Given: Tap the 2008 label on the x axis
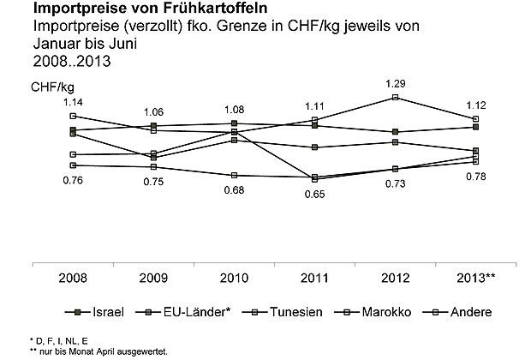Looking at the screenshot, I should click(x=73, y=279).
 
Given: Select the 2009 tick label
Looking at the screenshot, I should click(x=154, y=279).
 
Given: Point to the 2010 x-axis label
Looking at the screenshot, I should click(x=235, y=279).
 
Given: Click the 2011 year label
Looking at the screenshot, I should click(x=315, y=279).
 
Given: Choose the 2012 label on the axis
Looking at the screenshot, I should click(x=396, y=279).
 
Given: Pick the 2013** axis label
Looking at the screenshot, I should click(x=476, y=279).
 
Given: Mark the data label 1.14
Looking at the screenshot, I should click(x=73, y=102).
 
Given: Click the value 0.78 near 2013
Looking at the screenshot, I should click(x=476, y=177).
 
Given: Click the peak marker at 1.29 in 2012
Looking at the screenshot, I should click(x=396, y=98).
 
